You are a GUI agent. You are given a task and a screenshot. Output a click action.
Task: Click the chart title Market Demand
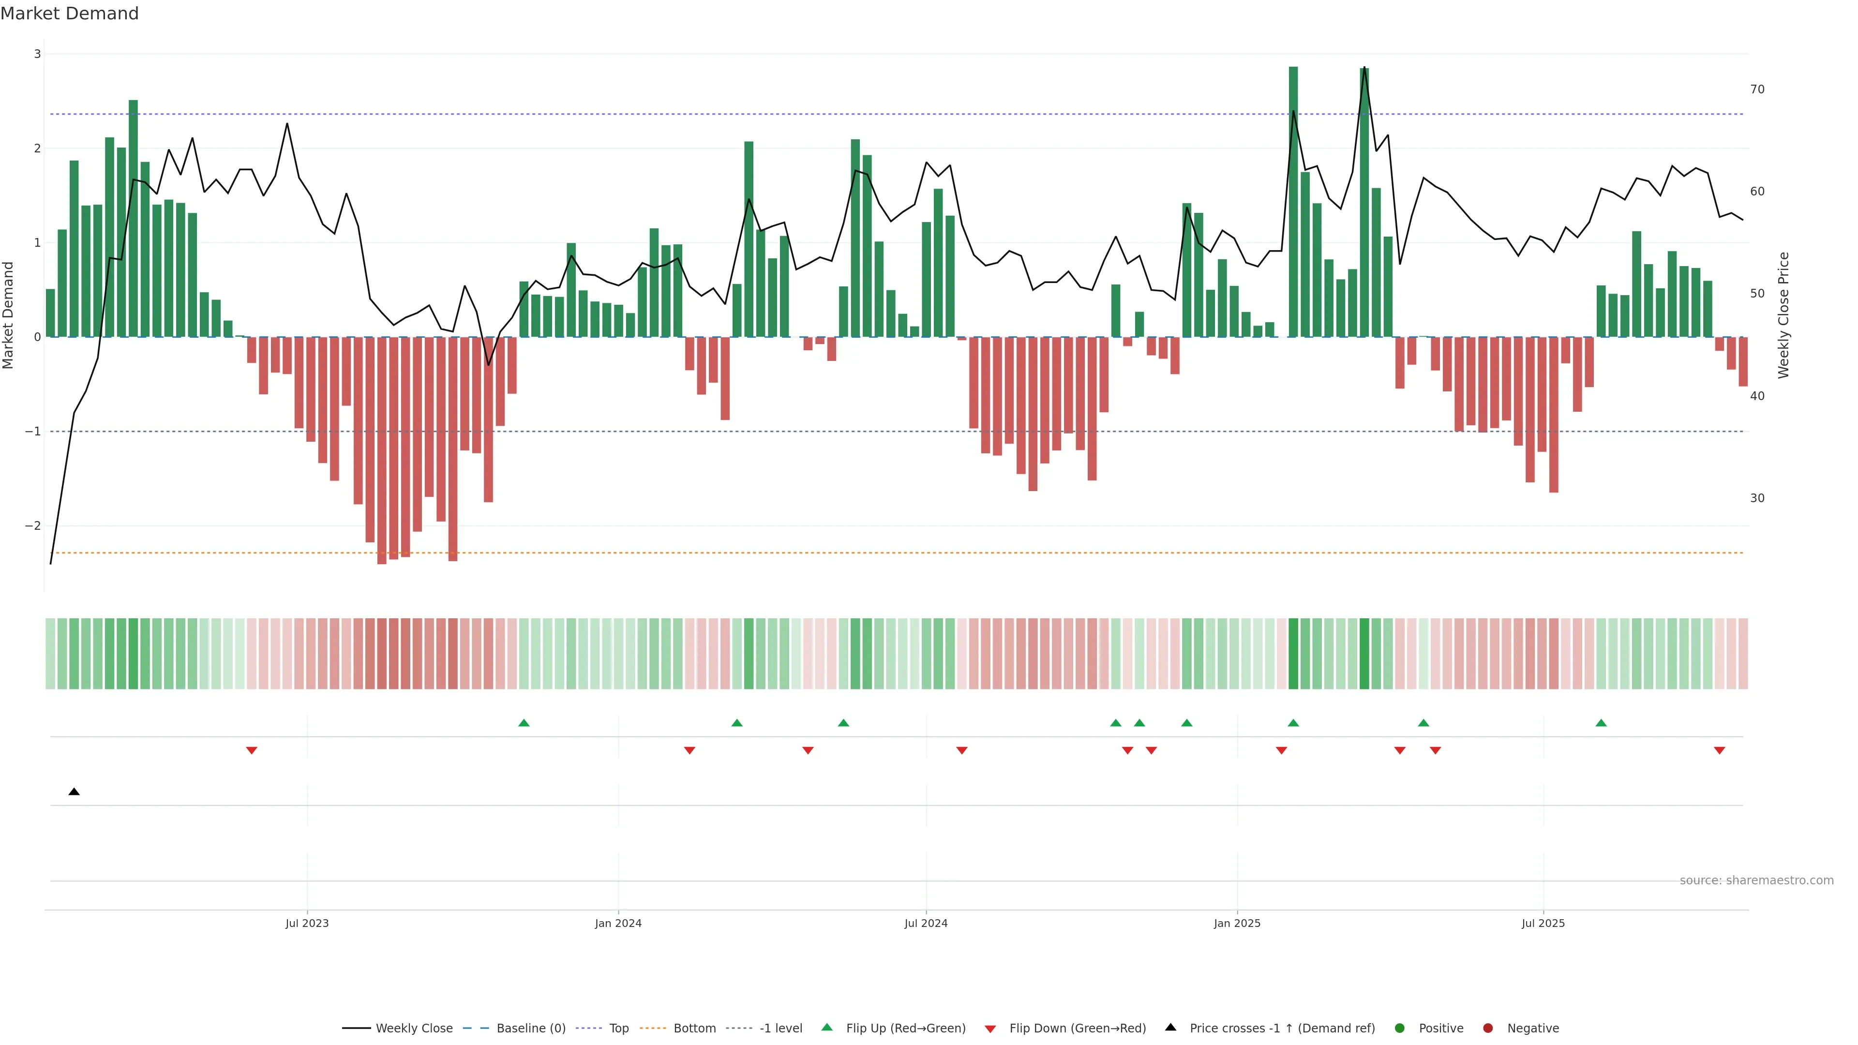point(69,14)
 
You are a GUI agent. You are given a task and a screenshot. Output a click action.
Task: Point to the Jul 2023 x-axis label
point(307,923)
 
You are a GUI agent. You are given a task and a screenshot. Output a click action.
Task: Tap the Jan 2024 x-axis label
point(618,923)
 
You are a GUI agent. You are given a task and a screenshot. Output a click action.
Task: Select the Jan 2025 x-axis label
point(1237,923)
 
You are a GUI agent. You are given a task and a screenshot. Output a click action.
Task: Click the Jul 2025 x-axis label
point(1543,923)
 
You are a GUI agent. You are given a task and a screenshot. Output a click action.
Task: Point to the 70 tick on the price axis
point(1757,90)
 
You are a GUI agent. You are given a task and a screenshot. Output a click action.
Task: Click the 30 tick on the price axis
point(1757,498)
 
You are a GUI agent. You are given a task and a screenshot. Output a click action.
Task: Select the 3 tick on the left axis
point(38,54)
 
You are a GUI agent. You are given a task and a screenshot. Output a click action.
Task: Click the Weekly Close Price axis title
point(1783,315)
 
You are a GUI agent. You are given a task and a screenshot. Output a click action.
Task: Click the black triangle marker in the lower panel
point(74,792)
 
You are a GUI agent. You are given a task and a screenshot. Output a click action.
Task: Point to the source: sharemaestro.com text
point(1756,881)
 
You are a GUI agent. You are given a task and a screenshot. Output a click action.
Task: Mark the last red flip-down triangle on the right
point(1720,751)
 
